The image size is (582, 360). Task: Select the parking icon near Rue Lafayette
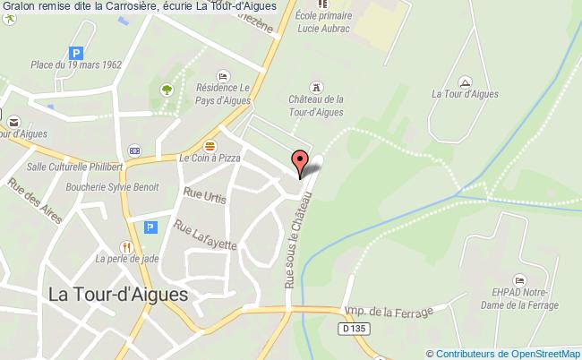150,227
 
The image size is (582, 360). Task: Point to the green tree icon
166,90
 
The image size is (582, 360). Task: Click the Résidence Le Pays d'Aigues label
223,94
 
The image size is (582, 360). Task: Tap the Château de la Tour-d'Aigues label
316,105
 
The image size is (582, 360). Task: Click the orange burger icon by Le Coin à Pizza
210,145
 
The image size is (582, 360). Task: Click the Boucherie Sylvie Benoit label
112,187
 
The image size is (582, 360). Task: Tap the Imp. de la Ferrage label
389,312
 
